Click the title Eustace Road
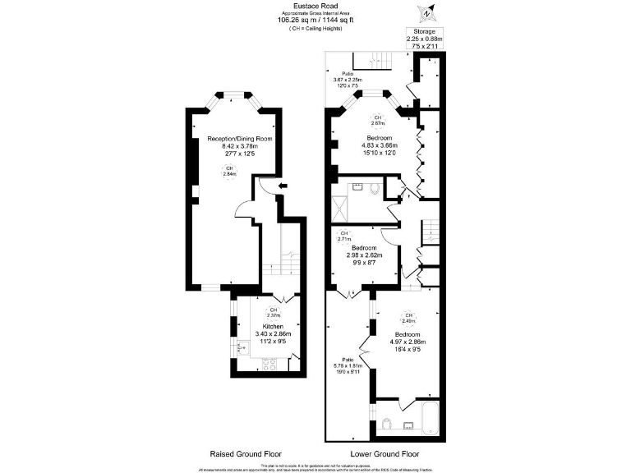click(316, 5)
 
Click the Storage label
click(424, 31)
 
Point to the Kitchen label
click(273, 326)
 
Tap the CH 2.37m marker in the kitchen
click(273, 314)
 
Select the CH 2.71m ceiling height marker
click(346, 236)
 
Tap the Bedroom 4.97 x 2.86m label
click(408, 340)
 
